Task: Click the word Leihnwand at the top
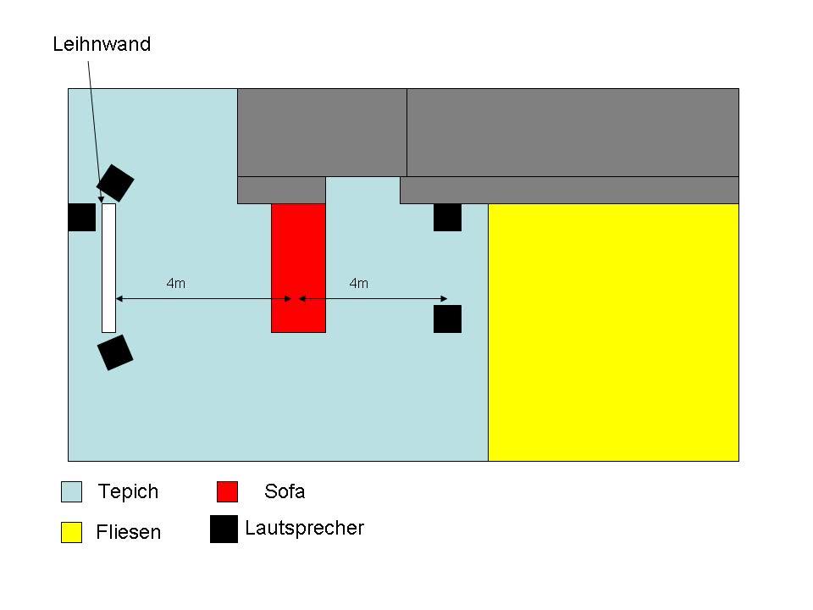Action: tap(102, 44)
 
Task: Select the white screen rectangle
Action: tap(108, 268)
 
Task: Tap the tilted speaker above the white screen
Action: tap(115, 181)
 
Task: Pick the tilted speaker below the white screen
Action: tap(115, 352)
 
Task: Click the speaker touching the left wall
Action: tap(81, 217)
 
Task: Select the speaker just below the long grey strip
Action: tap(447, 217)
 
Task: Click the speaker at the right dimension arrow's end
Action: tap(447, 319)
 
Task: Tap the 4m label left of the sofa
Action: tap(175, 284)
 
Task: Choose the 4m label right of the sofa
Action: tap(359, 284)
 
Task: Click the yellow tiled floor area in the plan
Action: tap(613, 332)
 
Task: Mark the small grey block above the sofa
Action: tap(281, 190)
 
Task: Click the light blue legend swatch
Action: tap(72, 491)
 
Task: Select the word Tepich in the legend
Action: tap(128, 491)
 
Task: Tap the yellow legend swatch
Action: tap(72, 532)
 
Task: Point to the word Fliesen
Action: tap(128, 532)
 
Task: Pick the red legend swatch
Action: tap(227, 491)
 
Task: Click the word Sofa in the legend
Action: tap(285, 491)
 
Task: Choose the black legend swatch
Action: tap(224, 529)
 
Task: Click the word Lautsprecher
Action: tap(304, 528)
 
